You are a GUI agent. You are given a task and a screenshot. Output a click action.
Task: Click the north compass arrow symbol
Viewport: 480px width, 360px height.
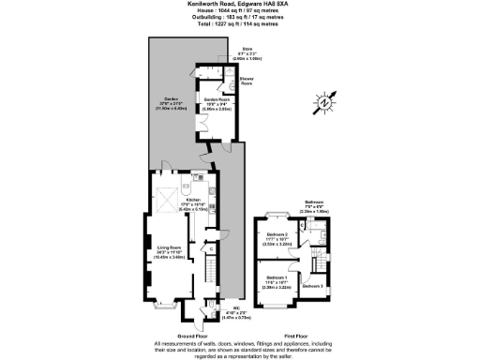coord(327,102)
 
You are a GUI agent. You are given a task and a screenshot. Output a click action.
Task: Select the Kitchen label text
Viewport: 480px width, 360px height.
coord(192,201)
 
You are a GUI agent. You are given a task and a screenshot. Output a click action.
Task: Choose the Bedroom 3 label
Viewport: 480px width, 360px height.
coord(313,285)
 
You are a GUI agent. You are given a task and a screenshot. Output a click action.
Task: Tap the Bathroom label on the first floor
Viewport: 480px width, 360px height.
coord(314,202)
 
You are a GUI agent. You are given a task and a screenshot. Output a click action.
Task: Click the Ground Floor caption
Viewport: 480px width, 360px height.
coord(177,334)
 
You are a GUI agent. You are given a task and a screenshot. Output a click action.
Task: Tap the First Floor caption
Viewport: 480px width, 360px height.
coord(295,334)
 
